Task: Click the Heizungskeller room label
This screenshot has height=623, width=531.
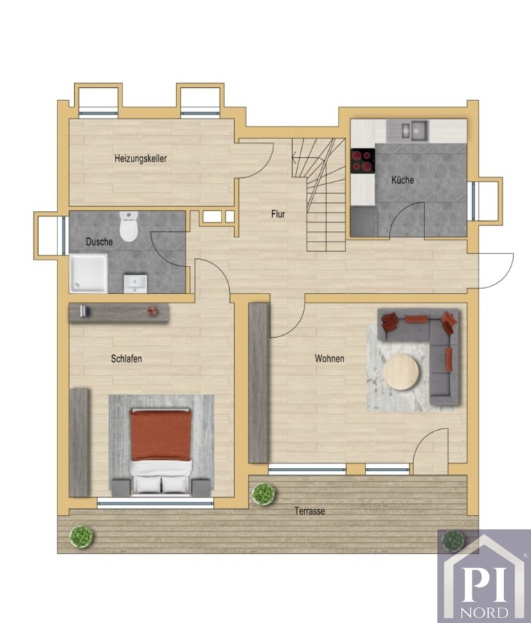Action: tap(141, 159)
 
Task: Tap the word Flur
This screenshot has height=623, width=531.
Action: tap(278, 214)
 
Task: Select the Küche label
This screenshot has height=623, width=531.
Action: tap(402, 180)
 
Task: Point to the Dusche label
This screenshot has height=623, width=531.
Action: tap(100, 242)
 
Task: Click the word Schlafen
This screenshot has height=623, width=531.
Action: tap(127, 359)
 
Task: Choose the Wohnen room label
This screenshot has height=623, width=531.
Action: tap(330, 359)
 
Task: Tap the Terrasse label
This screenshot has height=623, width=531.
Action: tap(309, 512)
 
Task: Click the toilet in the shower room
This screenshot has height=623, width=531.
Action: tap(129, 226)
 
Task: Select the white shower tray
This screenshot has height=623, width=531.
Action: tap(89, 273)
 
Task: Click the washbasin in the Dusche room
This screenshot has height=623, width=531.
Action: tap(135, 284)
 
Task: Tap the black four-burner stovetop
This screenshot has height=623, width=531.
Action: tap(363, 161)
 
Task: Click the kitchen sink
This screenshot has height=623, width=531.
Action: tap(414, 130)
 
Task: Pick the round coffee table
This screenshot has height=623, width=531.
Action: tap(401, 372)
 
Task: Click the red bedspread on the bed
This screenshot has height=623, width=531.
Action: tap(161, 435)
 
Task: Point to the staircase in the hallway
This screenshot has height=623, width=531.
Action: tap(318, 195)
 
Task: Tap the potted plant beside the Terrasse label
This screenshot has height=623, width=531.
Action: tap(264, 494)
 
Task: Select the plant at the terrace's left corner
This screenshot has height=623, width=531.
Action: tap(82, 536)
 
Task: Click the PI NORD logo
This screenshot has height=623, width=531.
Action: tap(484, 576)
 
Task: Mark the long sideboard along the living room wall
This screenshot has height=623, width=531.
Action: tap(259, 383)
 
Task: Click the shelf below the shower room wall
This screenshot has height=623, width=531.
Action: tap(119, 313)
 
